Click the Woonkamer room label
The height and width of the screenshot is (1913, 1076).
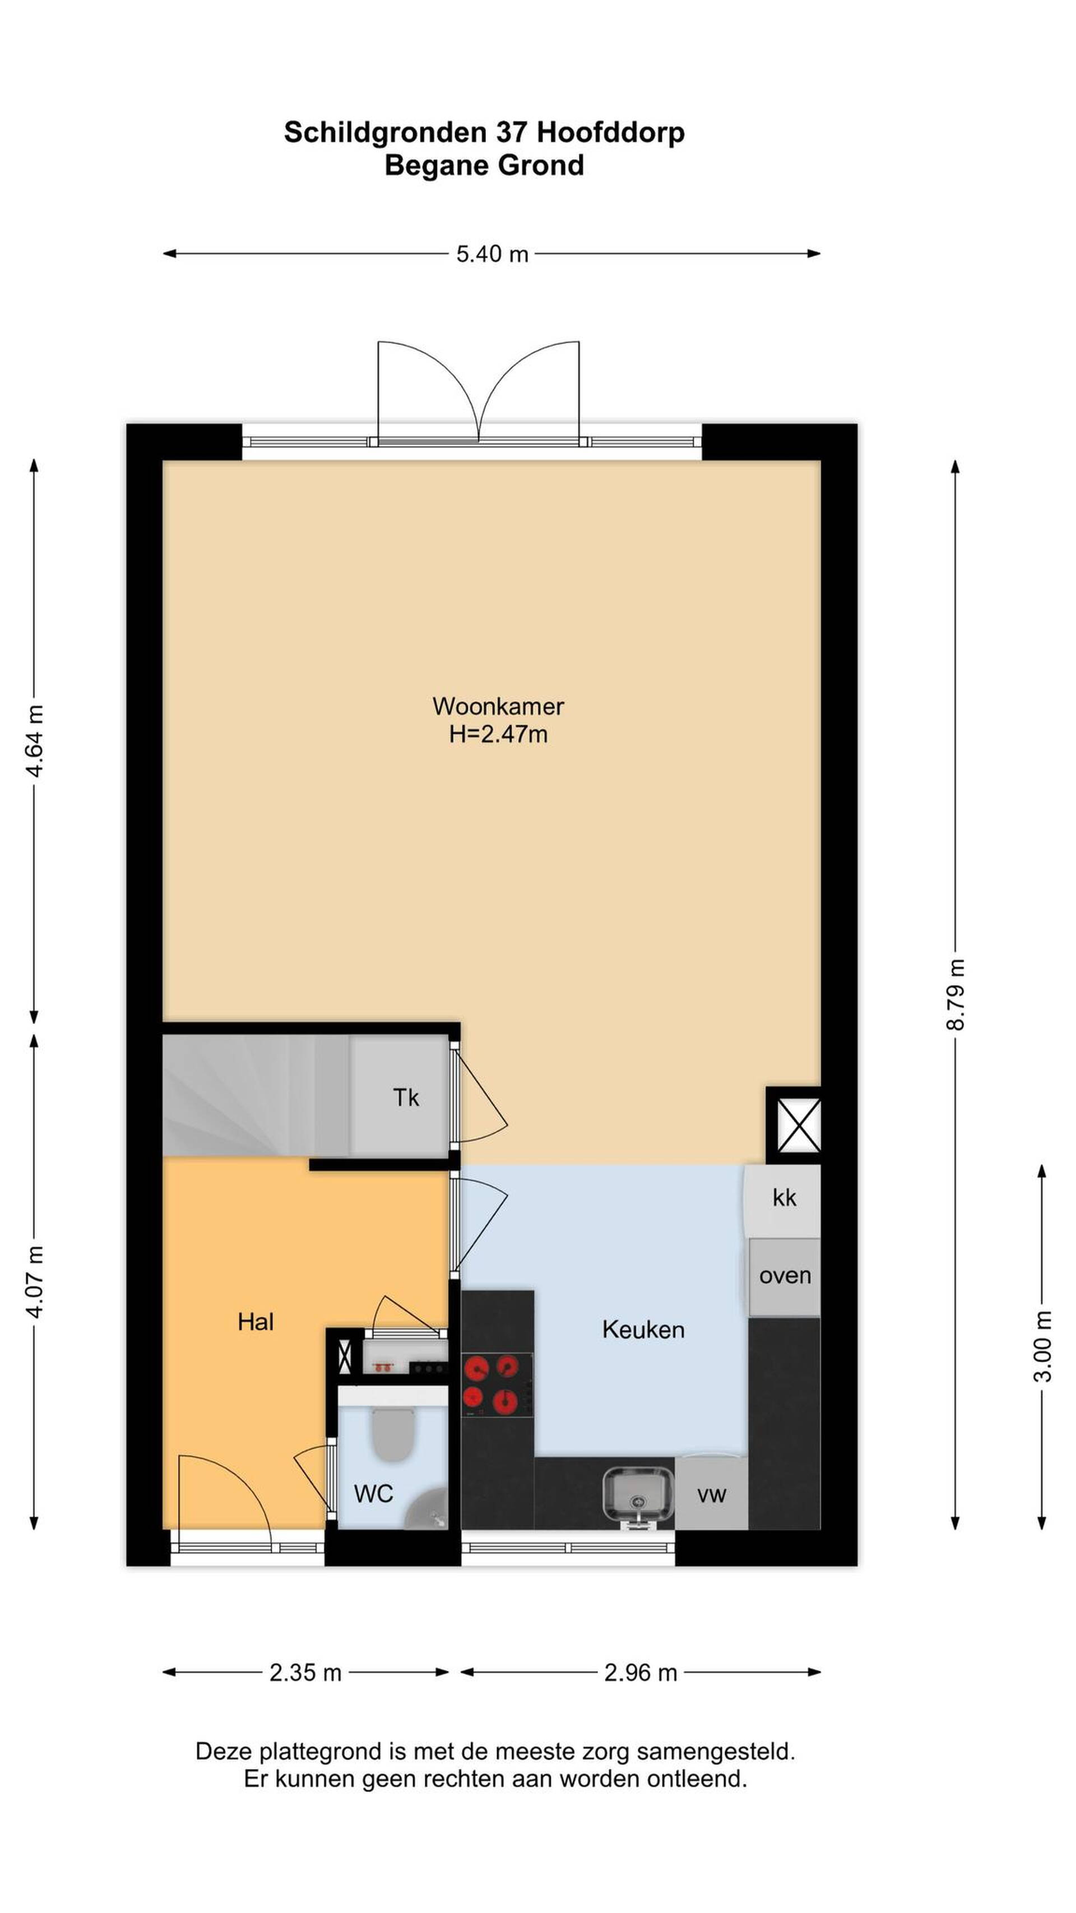coord(498,706)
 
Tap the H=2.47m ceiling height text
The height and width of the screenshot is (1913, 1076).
coord(498,734)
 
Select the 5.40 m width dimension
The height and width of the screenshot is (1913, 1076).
coord(491,254)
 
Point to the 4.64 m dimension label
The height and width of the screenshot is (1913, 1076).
coord(34,740)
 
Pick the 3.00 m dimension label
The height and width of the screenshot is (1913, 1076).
coord(1042,1346)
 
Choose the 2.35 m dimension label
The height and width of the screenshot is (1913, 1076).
coord(305,1673)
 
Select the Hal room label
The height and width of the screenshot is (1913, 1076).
coord(256,1321)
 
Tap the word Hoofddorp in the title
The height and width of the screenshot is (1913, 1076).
coord(610,132)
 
